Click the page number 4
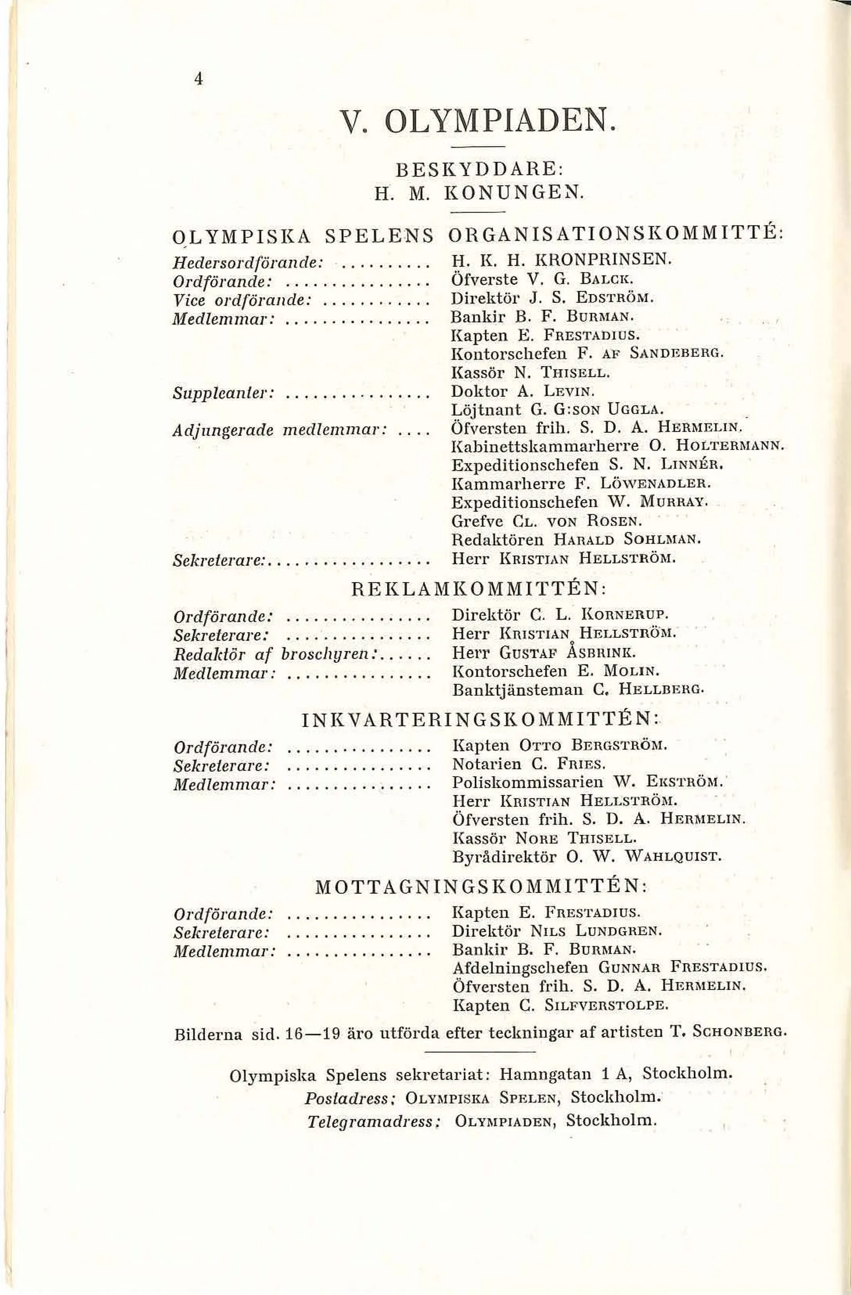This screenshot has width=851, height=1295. [x=198, y=79]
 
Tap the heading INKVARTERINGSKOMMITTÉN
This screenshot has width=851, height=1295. [x=479, y=721]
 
